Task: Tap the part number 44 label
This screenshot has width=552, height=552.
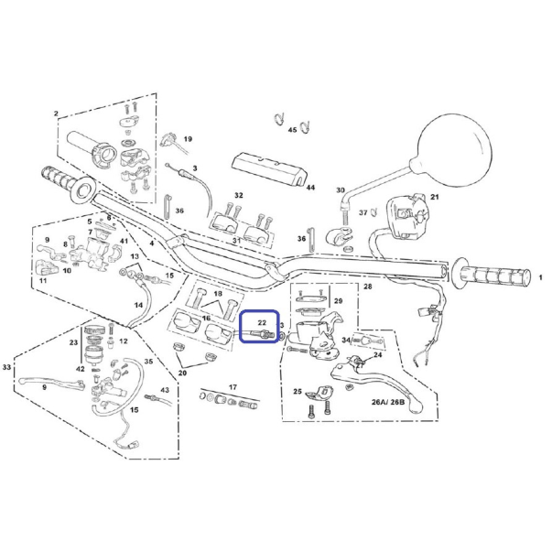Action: click(310, 188)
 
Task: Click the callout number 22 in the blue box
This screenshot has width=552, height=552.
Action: click(262, 322)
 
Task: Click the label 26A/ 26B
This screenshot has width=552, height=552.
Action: click(388, 402)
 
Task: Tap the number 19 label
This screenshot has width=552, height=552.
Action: click(188, 139)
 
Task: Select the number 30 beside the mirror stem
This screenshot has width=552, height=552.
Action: click(340, 190)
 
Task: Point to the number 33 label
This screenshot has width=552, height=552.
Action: click(6, 367)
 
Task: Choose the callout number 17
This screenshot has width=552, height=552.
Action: click(233, 387)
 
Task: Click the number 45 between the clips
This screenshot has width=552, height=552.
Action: click(292, 130)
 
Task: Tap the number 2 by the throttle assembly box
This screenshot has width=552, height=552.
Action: click(56, 114)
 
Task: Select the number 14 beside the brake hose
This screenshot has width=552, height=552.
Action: click(138, 305)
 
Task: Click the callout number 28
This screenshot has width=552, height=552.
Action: click(367, 287)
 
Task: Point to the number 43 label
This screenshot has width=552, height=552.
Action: click(165, 390)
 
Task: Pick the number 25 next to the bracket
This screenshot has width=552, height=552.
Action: click(298, 391)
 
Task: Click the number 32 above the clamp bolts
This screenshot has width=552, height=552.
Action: click(239, 195)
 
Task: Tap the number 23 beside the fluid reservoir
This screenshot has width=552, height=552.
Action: click(73, 342)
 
